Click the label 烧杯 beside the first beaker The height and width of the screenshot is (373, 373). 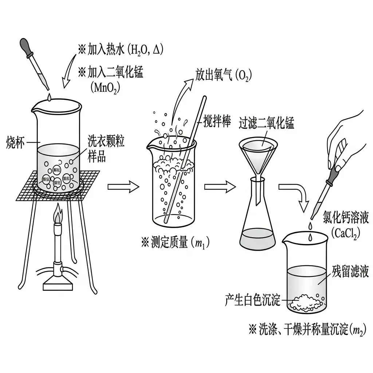(16, 142)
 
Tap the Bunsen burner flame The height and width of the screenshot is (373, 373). (58, 216)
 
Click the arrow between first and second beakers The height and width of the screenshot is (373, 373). (123, 187)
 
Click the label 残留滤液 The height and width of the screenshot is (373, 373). (350, 271)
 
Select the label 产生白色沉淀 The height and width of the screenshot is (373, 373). (252, 301)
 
